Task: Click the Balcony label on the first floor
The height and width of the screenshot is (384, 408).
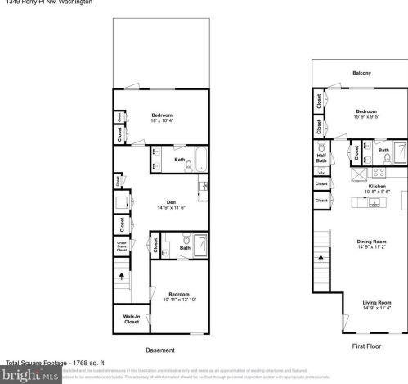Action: (x=361, y=73)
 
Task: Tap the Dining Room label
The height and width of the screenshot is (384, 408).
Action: (x=371, y=241)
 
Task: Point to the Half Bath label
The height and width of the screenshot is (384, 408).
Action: (x=321, y=157)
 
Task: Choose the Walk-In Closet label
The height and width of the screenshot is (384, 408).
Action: (x=131, y=319)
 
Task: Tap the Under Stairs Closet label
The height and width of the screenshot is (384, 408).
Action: (x=121, y=246)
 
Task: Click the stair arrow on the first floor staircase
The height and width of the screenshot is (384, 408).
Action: (x=321, y=256)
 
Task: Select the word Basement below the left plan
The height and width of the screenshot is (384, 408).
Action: (x=159, y=350)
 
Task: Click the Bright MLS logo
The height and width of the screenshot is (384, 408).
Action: (x=30, y=376)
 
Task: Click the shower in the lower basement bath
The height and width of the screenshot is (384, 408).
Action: (x=199, y=242)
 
